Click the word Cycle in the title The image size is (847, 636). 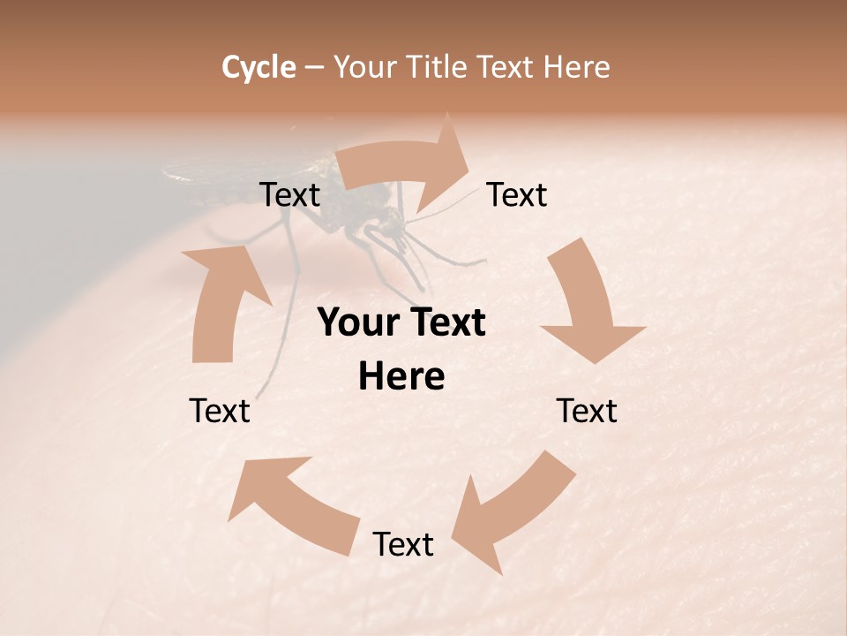(x=259, y=67)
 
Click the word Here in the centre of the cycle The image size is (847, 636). (x=401, y=377)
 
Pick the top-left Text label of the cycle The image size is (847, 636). (x=289, y=195)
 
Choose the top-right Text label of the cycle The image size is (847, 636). (x=517, y=195)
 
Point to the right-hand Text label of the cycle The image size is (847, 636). (x=587, y=411)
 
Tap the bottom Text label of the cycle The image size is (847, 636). (x=403, y=545)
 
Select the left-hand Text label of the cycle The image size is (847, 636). (x=220, y=411)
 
